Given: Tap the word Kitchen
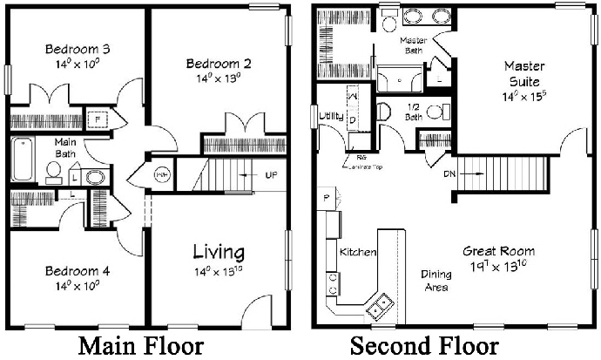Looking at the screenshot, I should [x=357, y=253].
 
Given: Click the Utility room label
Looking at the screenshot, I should [x=331, y=116].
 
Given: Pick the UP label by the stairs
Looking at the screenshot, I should [x=271, y=175].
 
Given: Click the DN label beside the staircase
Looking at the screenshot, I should [x=449, y=174].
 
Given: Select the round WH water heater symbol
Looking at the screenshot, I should [x=162, y=174].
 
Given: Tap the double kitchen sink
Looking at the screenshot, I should [x=379, y=303].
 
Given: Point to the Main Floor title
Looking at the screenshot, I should [x=140, y=346].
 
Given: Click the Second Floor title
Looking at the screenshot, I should [x=424, y=346].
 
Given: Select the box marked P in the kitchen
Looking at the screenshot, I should [x=327, y=198].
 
